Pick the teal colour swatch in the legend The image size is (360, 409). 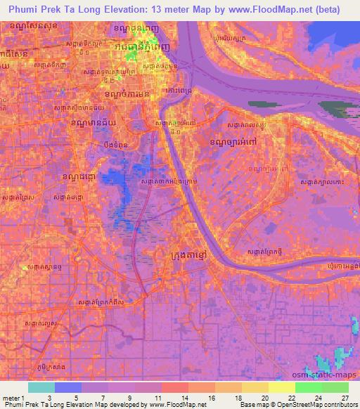tap(41, 387)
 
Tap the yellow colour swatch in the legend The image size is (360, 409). tap(282, 387)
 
